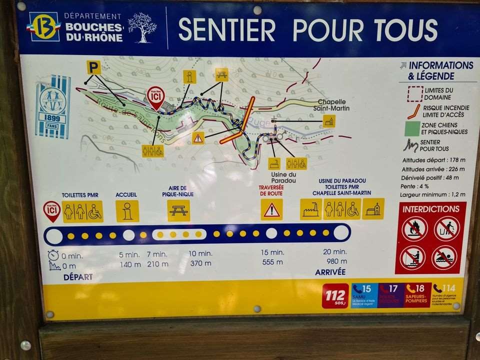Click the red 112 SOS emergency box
click(x=335, y=295)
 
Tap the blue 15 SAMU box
click(x=364, y=295)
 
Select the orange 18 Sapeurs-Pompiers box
click(x=417, y=295)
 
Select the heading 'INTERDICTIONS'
click(x=430, y=209)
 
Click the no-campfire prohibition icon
click(x=414, y=228)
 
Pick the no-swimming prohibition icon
click(x=444, y=257)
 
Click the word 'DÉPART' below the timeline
click(x=77, y=277)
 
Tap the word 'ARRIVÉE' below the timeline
click(x=330, y=272)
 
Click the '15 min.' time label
click(x=272, y=252)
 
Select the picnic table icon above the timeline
click(x=178, y=211)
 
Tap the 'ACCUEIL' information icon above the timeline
click(x=127, y=211)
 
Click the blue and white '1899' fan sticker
click(x=52, y=106)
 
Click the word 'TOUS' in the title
click(x=408, y=29)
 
